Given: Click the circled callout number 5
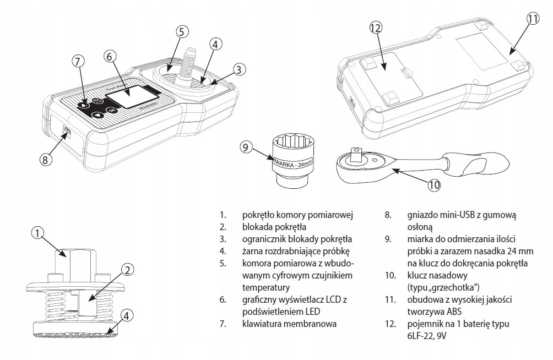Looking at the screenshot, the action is (x=181, y=32).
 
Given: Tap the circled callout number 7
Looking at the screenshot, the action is (x=78, y=61).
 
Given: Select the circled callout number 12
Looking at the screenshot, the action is (x=376, y=28).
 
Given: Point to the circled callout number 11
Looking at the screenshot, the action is (x=533, y=18).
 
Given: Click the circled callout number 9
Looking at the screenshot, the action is (x=246, y=146).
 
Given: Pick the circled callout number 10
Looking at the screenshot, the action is (x=434, y=185).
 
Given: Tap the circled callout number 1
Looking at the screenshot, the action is (x=38, y=233).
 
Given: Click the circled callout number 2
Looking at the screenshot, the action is (x=128, y=270).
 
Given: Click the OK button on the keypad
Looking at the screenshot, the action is (x=112, y=110).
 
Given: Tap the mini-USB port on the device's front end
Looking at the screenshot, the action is (x=67, y=132).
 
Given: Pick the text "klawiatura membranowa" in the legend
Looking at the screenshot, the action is (x=289, y=324).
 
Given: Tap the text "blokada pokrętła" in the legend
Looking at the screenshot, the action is (x=274, y=227).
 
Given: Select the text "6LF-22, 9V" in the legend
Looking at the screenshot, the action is (x=424, y=336).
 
